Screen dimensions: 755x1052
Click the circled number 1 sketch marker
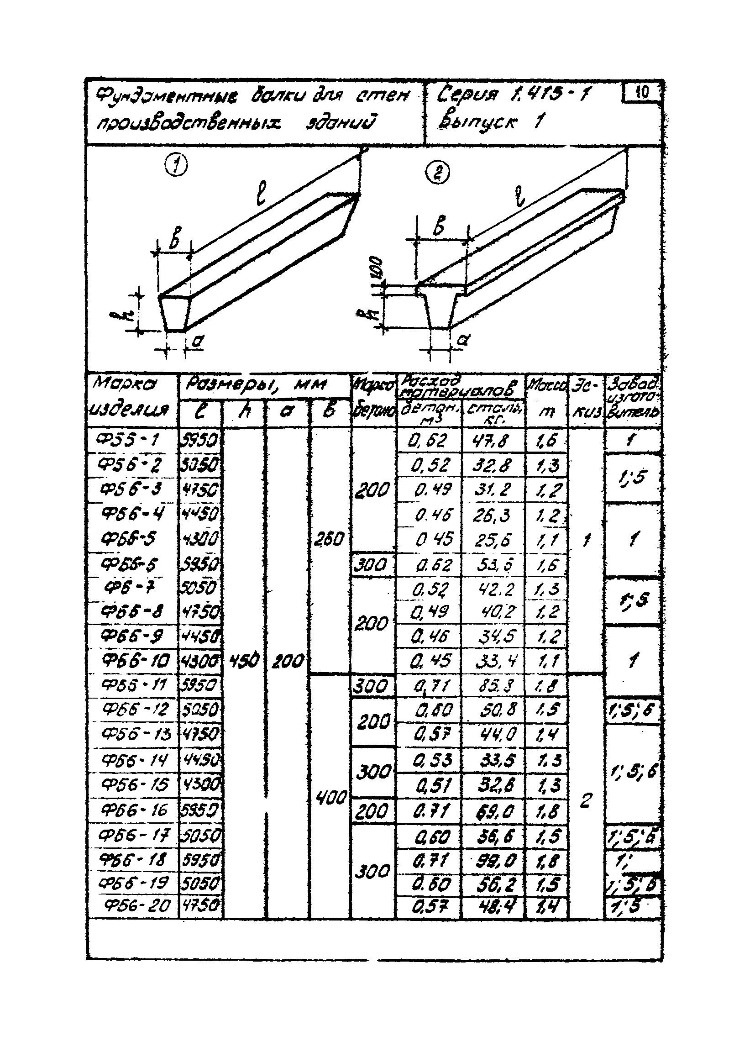tap(177, 166)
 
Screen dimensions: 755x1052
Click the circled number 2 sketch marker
tap(438, 174)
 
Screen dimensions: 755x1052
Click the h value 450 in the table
tap(244, 660)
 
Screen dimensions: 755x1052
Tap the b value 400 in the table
tap(330, 797)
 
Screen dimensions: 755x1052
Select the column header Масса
tap(547, 384)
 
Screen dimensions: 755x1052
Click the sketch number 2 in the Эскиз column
tap(586, 799)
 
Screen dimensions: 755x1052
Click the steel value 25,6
tap(493, 539)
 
